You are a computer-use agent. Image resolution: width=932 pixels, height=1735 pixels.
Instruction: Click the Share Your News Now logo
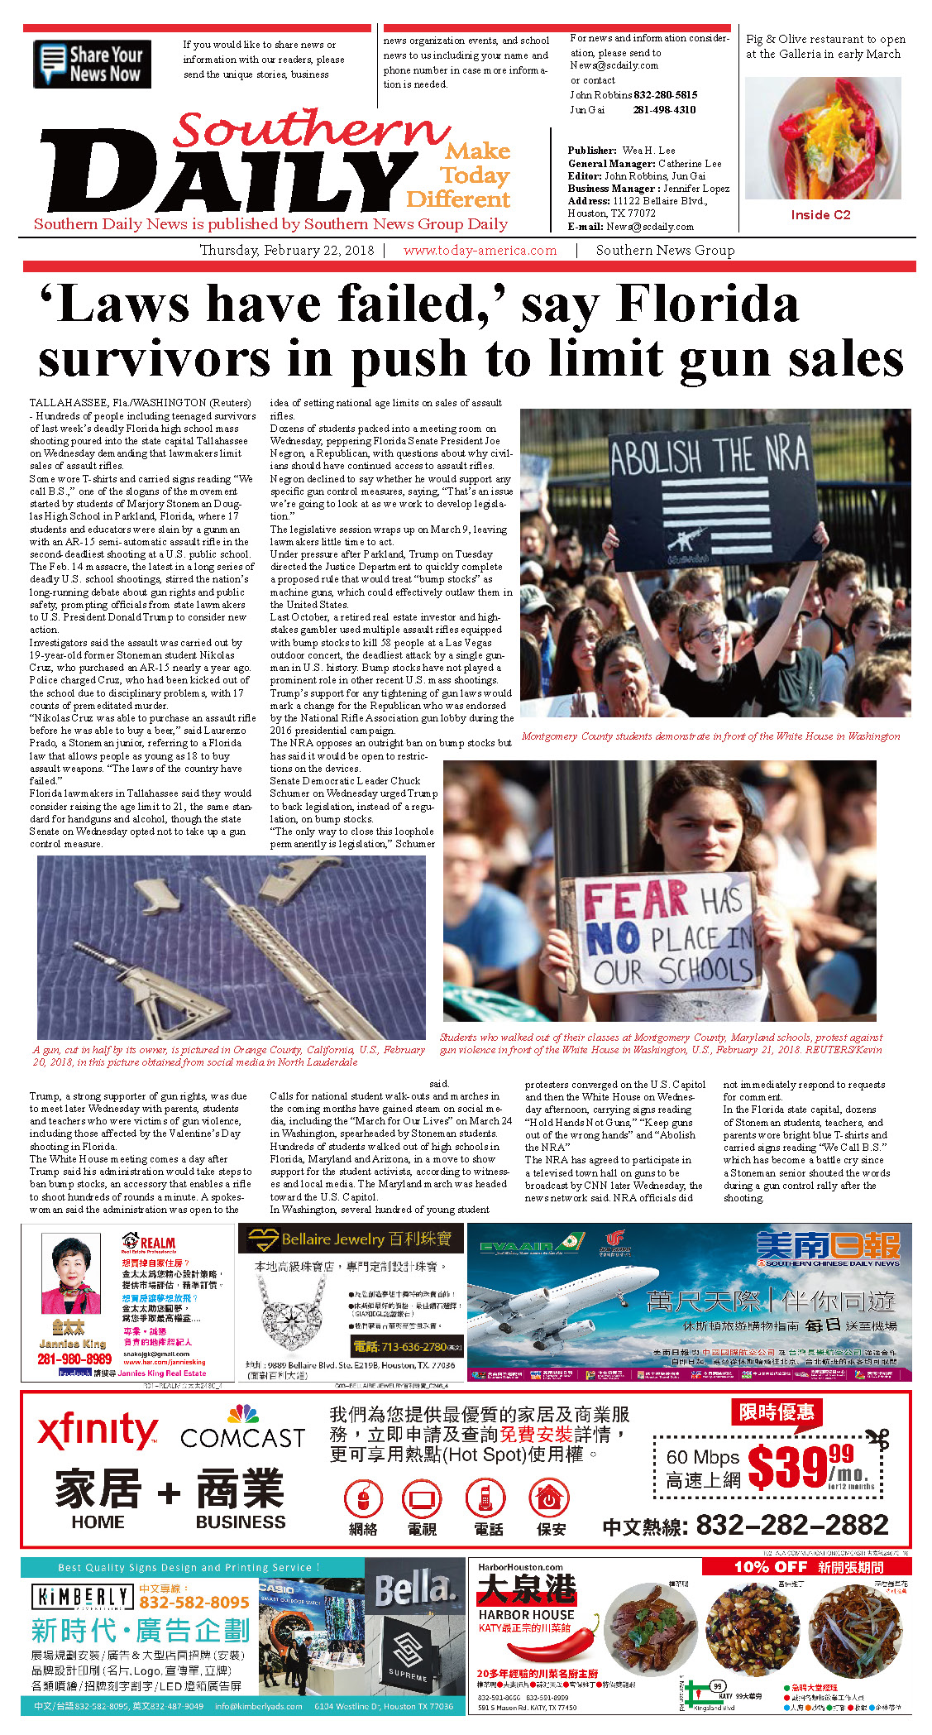[92, 64]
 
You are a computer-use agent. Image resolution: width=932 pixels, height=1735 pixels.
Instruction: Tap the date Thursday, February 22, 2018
[286, 250]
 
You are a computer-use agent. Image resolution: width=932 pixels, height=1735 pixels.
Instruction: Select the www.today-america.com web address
[480, 250]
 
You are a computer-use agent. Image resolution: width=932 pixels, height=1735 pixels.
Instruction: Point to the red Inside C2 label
[820, 214]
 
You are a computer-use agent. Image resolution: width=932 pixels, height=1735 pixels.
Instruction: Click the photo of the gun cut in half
[232, 947]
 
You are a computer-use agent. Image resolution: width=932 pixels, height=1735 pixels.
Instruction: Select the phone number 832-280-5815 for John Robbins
[666, 95]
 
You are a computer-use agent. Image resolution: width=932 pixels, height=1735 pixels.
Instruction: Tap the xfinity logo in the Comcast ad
[97, 1431]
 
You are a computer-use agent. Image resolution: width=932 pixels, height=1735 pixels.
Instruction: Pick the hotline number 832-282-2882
[791, 1525]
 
